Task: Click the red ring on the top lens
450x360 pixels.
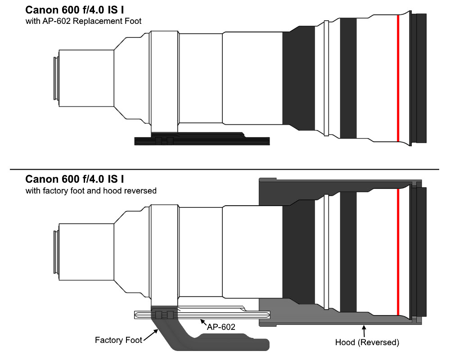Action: pos(398,78)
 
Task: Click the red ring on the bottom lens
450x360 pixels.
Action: pos(398,252)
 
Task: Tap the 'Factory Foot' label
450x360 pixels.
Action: pos(118,340)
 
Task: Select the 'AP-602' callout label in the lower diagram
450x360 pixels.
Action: pos(221,327)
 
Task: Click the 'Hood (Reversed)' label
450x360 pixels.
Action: pos(367,342)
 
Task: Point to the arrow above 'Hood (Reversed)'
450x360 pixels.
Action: pos(364,331)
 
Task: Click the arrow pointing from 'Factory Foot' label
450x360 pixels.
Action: pos(151,335)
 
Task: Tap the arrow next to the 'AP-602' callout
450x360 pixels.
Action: pos(203,322)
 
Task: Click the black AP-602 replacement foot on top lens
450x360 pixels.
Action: pos(202,139)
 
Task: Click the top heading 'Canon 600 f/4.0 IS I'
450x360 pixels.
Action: pos(75,10)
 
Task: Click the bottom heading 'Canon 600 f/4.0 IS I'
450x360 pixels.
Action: pos(75,179)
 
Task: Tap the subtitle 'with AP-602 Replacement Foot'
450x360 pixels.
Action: pos(84,21)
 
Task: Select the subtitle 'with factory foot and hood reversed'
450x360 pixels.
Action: pos(91,191)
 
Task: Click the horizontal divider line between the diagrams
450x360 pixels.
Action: pos(225,169)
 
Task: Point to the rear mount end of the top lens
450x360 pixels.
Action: pos(56,78)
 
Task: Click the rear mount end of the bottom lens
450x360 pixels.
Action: pos(56,252)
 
